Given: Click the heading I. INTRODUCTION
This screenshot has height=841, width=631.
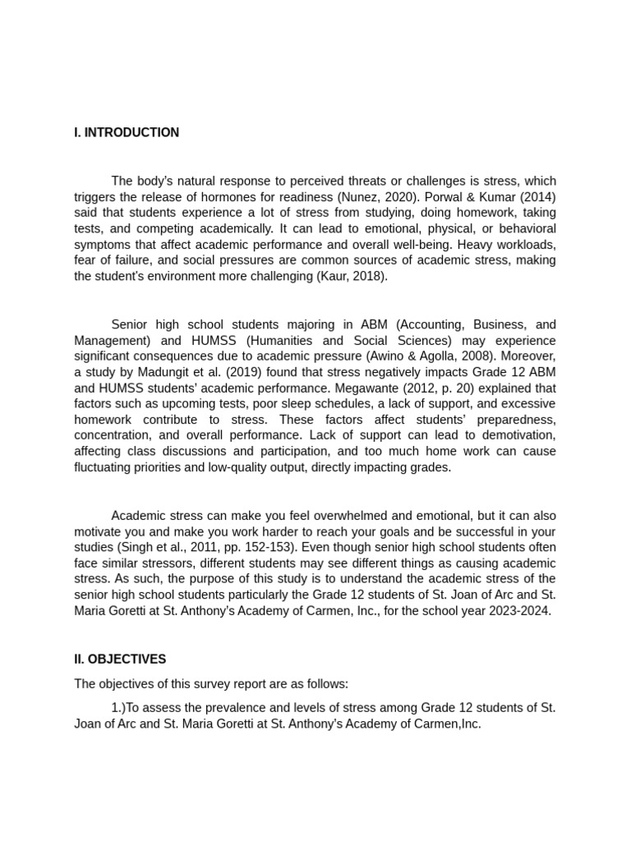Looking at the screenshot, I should click(x=127, y=132).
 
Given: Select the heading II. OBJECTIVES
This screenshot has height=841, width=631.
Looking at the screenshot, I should click(x=120, y=659).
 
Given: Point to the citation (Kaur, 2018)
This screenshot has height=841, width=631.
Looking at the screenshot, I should click(x=351, y=276).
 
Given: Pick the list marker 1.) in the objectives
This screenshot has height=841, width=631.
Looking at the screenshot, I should click(x=119, y=708).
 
